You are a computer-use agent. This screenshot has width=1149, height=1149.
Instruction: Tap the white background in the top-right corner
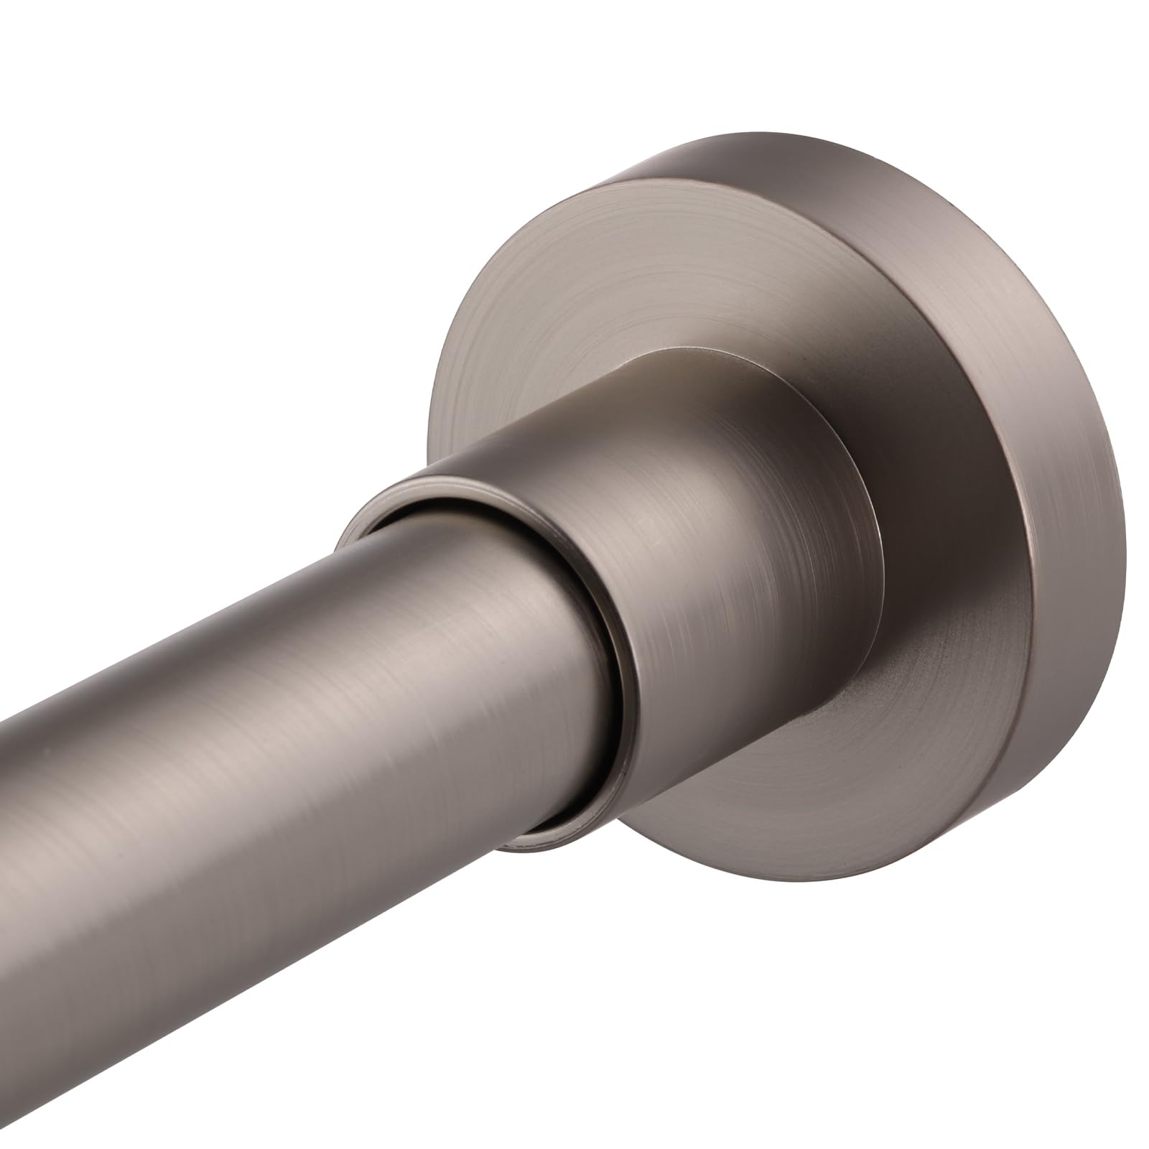(x=1077, y=72)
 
